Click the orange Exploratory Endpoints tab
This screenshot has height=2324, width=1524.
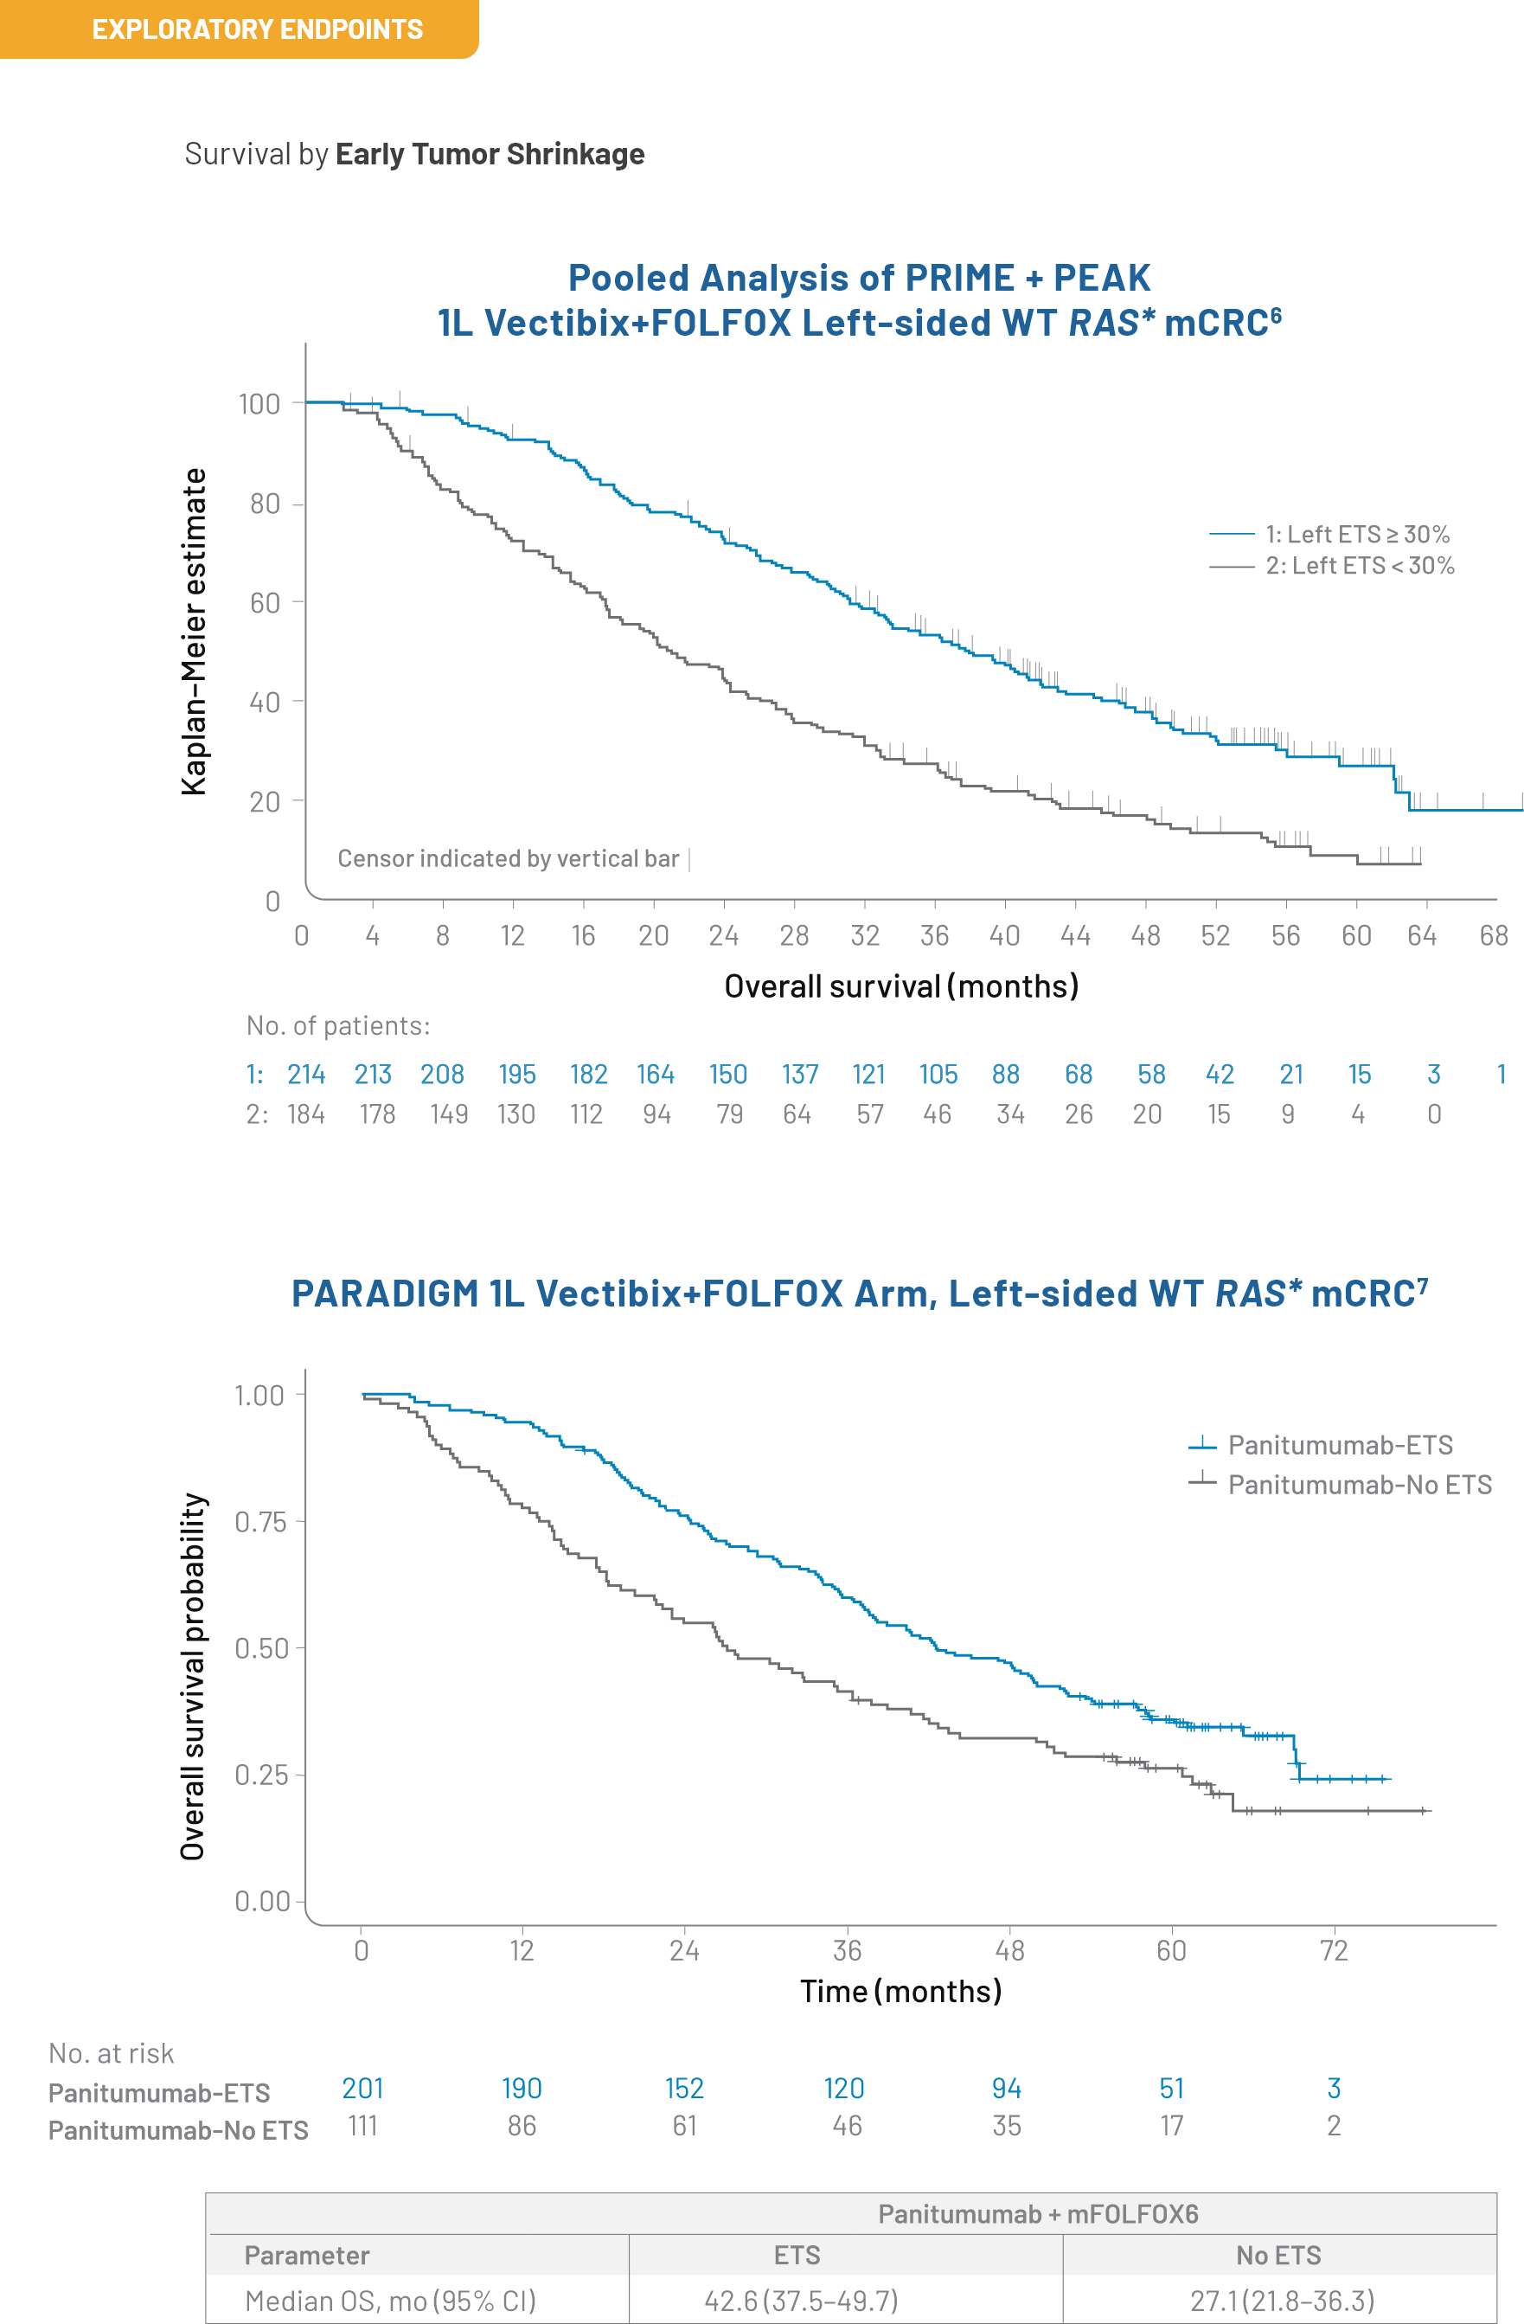coord(240,29)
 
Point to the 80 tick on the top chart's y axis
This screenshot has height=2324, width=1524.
coord(265,504)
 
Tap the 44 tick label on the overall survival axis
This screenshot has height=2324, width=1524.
coord(1075,935)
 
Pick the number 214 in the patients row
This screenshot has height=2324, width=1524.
coord(305,1074)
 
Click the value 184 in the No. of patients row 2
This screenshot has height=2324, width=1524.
coord(305,1114)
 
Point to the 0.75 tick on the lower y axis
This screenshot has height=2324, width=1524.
coord(259,1521)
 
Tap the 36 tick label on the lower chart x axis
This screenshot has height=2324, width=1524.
coord(847,1950)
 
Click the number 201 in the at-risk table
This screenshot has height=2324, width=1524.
coord(362,2088)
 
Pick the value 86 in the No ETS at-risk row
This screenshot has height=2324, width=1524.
coord(522,2126)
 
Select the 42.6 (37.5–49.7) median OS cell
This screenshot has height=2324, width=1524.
coord(801,2301)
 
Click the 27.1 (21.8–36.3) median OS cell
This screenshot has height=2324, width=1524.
coord(1282,2301)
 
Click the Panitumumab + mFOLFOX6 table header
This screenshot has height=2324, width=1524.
coord(1038,2213)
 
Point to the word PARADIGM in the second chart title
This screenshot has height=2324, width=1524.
coord(385,1293)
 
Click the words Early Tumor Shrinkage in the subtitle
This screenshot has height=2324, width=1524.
coord(490,154)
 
